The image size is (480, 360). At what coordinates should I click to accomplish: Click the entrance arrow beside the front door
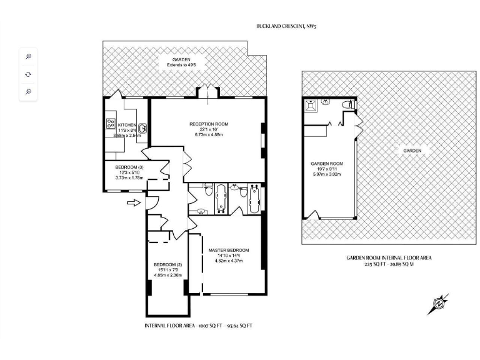tap(132, 202)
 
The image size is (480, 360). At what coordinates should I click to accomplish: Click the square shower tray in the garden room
tap(311, 106)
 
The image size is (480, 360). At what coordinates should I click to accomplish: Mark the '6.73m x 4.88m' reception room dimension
tap(209, 134)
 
